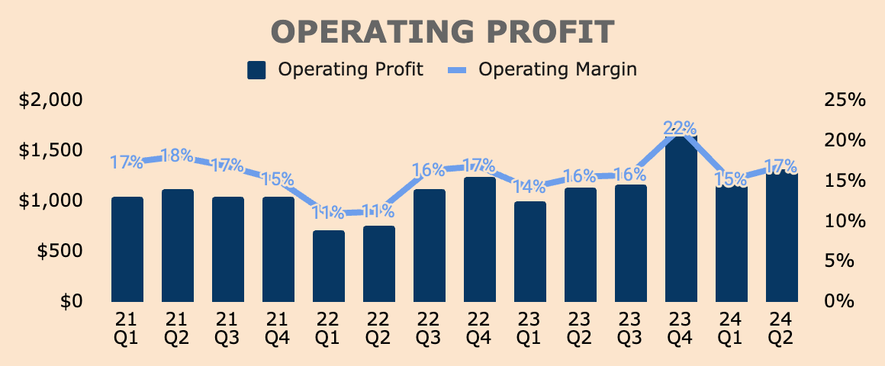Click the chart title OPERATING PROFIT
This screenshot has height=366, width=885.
[443, 32]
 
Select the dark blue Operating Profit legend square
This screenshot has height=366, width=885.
[256, 70]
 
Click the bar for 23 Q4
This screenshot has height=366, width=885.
[681, 221]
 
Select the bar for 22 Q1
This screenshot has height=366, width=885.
[329, 267]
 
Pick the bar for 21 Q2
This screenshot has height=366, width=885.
[178, 246]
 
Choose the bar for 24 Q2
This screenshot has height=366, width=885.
[782, 238]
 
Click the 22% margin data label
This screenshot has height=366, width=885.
[681, 127]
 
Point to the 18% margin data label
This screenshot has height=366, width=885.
[178, 156]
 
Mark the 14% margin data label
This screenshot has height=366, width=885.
[529, 186]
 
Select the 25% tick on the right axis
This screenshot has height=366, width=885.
[845, 100]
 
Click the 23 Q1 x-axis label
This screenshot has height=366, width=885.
[530, 326]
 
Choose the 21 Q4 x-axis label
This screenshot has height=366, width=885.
[278, 326]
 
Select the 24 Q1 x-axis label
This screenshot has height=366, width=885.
[732, 326]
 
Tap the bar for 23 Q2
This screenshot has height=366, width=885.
[581, 245]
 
